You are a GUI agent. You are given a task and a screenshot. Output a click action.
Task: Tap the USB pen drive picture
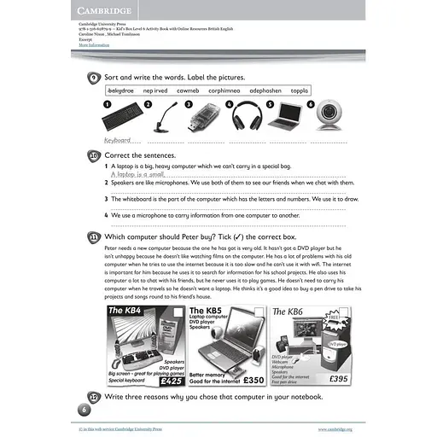(x=207, y=117)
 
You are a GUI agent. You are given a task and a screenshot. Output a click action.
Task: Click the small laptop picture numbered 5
(x=291, y=115)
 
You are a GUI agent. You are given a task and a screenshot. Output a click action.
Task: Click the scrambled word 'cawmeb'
(x=188, y=90)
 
